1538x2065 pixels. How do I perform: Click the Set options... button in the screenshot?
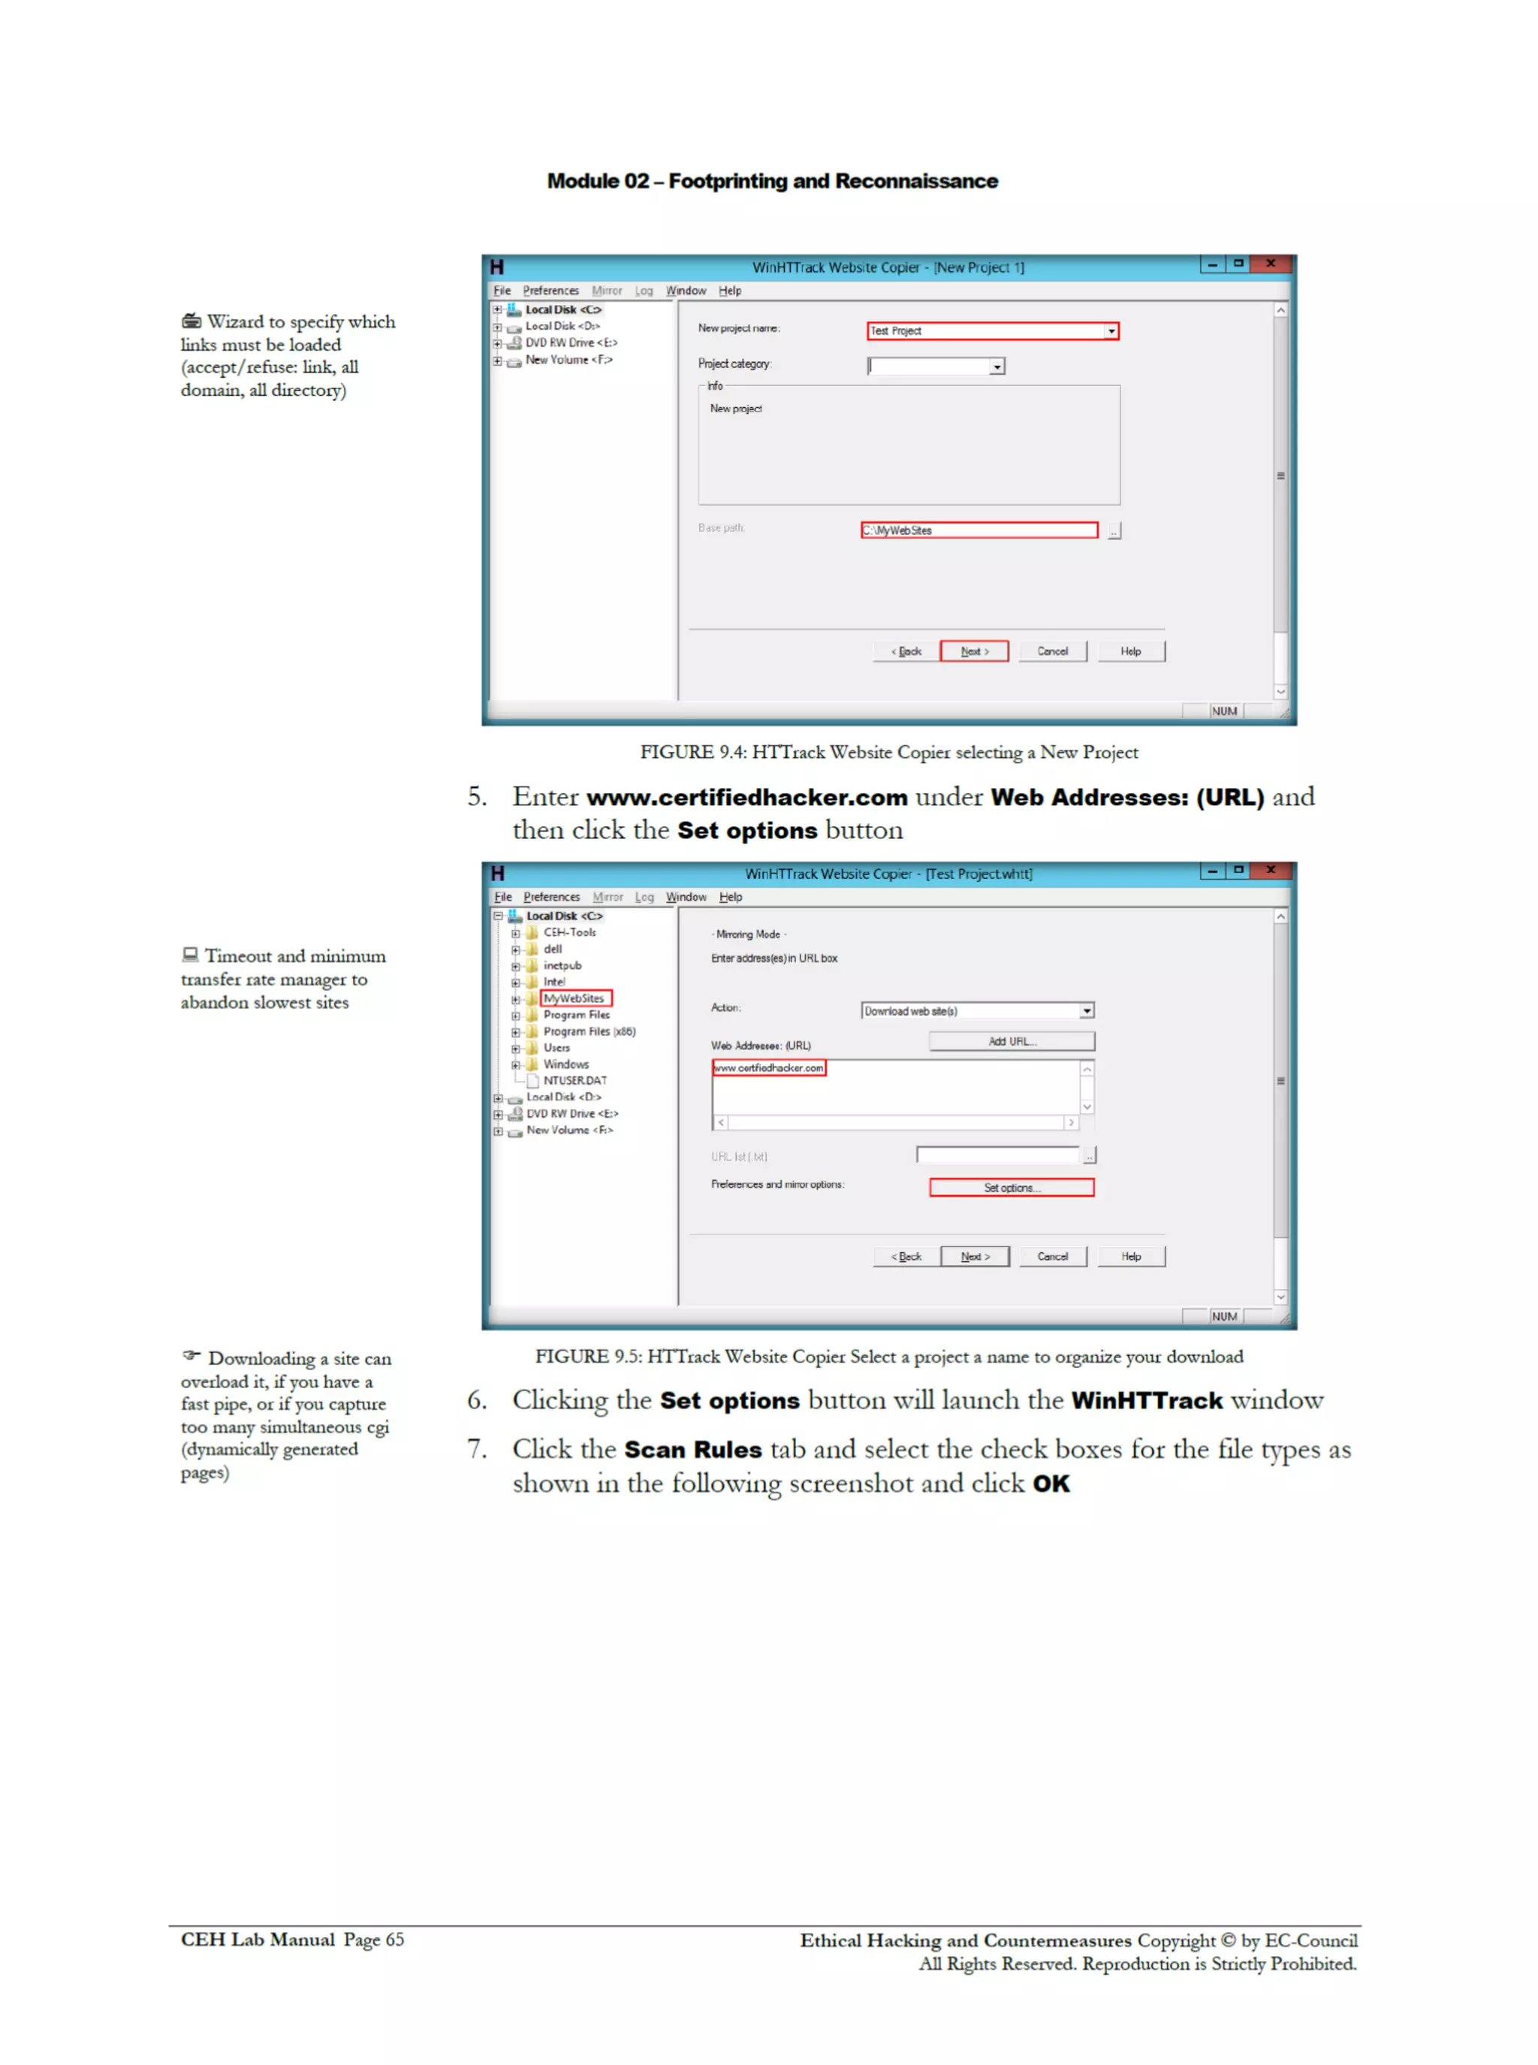(1011, 1187)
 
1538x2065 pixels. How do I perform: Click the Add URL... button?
(1011, 1041)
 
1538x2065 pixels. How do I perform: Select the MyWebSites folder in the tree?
(574, 998)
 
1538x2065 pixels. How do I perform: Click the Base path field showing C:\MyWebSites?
(978, 530)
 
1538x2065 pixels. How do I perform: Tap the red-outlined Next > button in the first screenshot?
(974, 651)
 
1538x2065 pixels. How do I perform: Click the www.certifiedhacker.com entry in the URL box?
(768, 1068)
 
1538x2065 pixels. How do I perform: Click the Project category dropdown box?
(935, 366)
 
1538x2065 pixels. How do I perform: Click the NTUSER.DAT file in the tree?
(574, 1080)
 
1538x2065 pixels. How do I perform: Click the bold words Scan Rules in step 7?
(692, 1450)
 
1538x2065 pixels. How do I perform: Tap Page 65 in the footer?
(373, 1940)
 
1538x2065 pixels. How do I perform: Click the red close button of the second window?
(1270, 870)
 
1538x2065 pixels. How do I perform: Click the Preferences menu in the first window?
(550, 291)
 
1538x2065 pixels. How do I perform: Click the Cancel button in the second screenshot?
(1052, 1256)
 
